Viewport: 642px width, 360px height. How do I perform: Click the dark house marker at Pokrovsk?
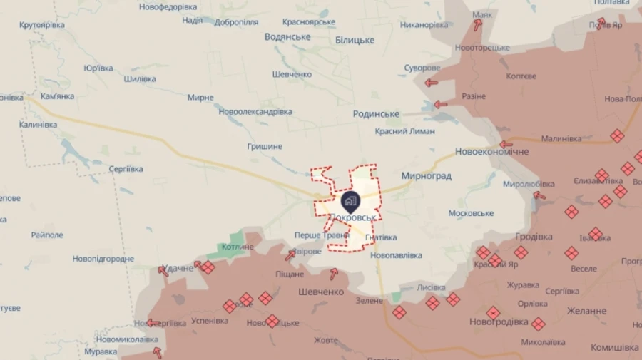(350, 201)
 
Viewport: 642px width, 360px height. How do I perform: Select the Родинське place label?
(376, 114)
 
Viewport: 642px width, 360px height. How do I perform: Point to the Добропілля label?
(236, 22)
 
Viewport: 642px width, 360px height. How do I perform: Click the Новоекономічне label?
(492, 152)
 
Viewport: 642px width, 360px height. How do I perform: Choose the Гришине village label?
(265, 146)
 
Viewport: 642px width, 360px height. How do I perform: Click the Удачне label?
(178, 268)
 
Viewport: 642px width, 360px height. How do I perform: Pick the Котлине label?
(238, 247)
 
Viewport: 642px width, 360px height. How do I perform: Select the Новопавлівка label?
(396, 255)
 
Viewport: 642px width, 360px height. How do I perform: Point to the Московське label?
(471, 213)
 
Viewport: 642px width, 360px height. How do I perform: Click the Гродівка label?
(534, 237)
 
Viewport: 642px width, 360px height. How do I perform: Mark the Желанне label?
(586, 311)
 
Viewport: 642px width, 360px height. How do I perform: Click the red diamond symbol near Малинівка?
(617, 135)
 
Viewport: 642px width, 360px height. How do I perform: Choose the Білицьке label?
(355, 41)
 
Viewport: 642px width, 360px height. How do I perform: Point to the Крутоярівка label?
(42, 25)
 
